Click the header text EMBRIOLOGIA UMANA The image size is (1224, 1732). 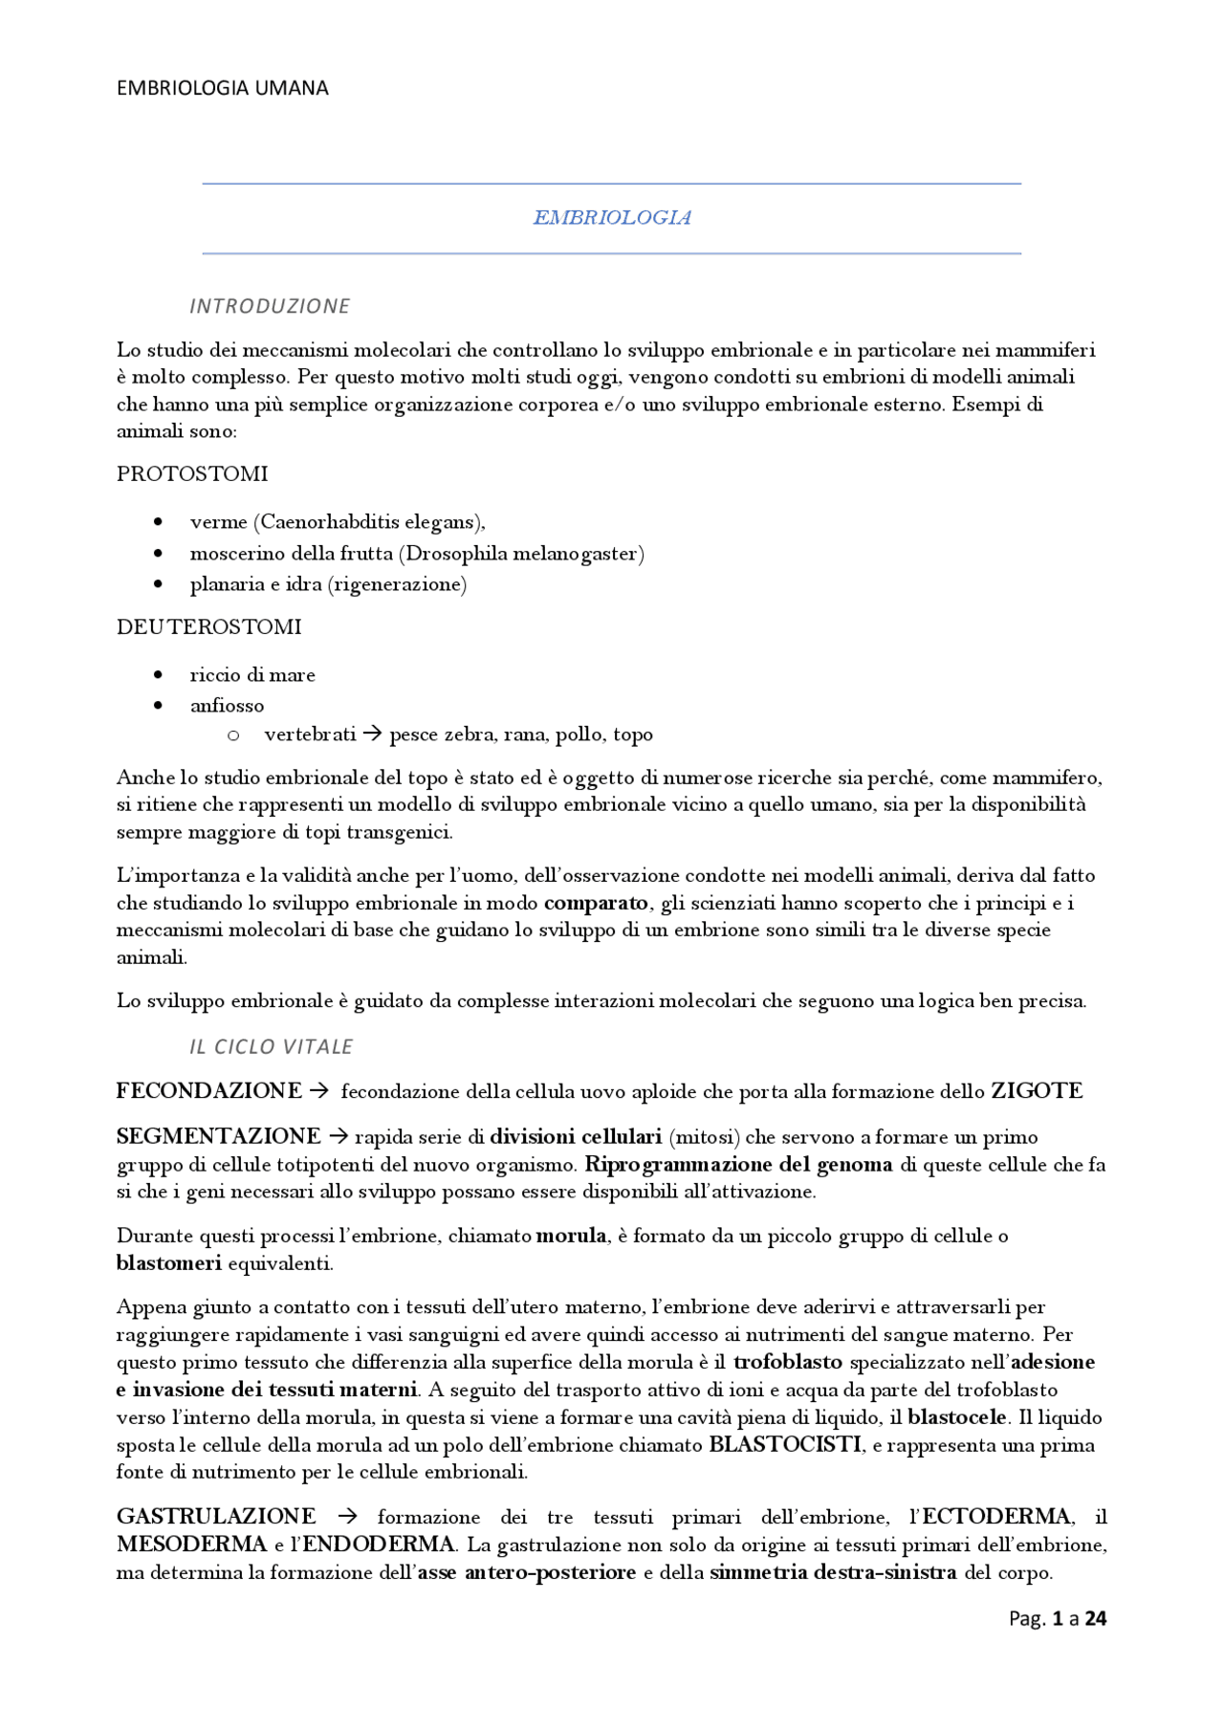click(222, 88)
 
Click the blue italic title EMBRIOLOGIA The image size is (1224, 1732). click(612, 218)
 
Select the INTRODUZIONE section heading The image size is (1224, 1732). click(270, 306)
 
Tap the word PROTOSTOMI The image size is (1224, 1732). click(192, 474)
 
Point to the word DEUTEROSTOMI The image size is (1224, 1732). click(208, 627)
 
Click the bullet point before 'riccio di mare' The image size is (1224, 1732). click(158, 675)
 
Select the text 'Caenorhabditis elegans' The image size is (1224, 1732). click(369, 522)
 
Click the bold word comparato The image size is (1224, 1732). click(596, 903)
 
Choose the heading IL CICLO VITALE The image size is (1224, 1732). click(271, 1047)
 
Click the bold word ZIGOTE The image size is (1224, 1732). click(1037, 1091)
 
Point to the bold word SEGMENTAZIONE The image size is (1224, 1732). click(218, 1136)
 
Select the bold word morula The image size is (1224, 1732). click(571, 1236)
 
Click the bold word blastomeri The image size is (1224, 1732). click(168, 1263)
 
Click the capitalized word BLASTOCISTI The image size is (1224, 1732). click(785, 1445)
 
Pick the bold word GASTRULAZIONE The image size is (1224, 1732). click(216, 1517)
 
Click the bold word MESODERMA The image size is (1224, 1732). click(191, 1545)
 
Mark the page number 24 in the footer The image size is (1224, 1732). click(1096, 1619)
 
